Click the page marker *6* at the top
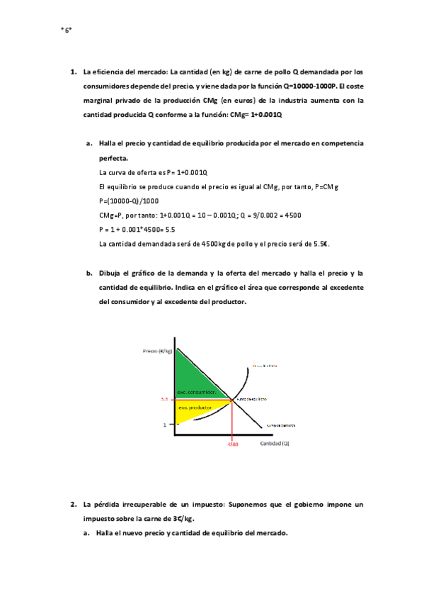click(67, 30)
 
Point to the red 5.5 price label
click(164, 400)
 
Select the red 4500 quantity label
click(233, 445)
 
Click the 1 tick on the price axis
click(164, 425)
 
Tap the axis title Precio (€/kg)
click(157, 352)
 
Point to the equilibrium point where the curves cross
click(233, 400)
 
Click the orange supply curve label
click(263, 366)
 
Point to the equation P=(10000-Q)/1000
click(130, 201)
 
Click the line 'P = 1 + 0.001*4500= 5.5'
click(137, 230)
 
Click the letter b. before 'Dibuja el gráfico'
click(90, 273)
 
